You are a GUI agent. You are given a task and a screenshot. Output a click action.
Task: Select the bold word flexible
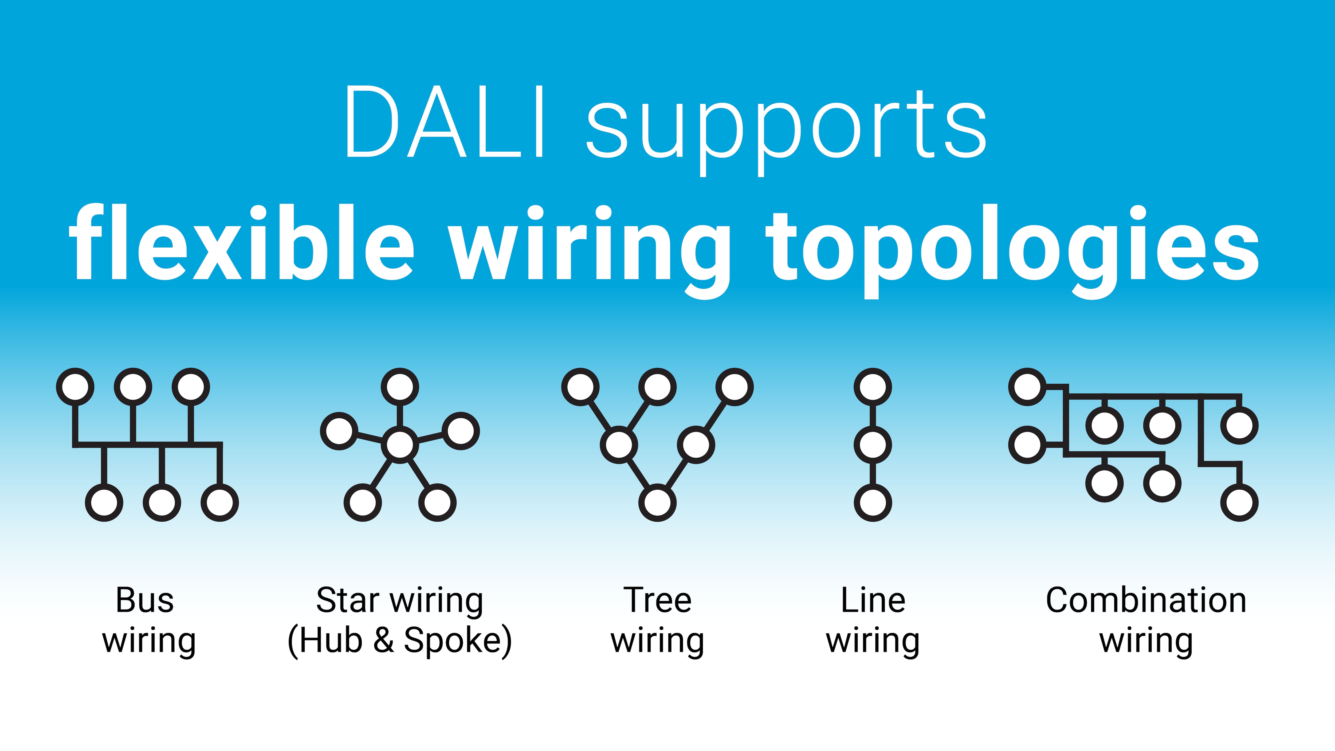click(241, 243)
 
